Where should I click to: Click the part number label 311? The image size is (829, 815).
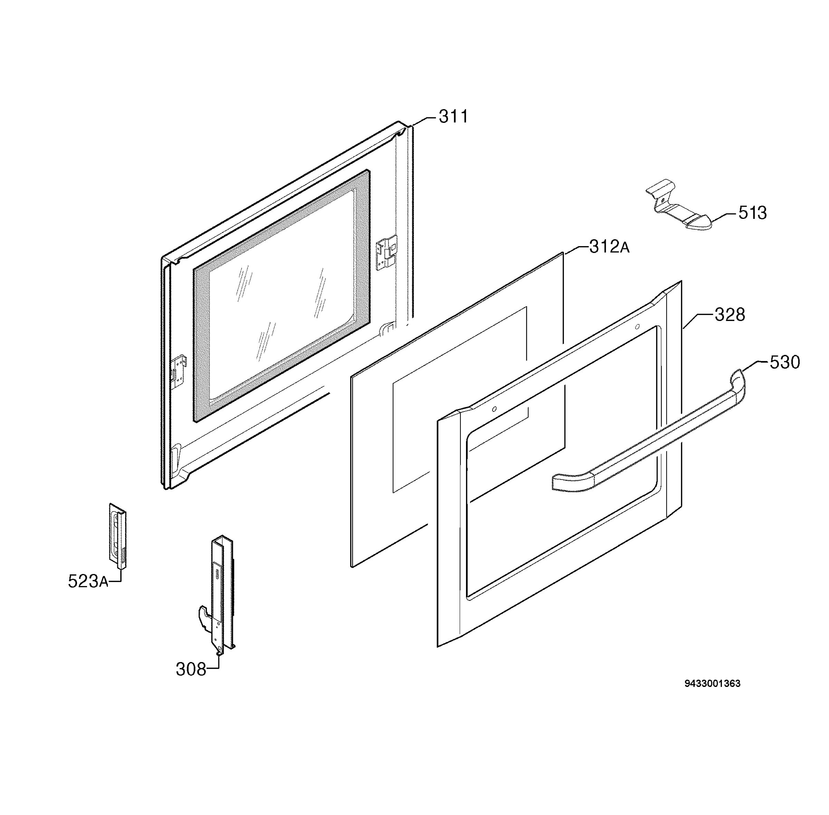coord(453,116)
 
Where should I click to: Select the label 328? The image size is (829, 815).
coord(730,314)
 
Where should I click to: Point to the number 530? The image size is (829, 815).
coord(785,362)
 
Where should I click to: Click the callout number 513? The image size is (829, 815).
coord(752,213)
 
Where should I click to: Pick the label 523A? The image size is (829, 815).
coord(88,581)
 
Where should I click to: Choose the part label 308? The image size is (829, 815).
coord(191,669)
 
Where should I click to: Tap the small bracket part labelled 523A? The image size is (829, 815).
coord(117,536)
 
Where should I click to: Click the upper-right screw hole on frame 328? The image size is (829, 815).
coord(637,327)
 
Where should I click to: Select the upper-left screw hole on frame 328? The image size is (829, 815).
coord(494,409)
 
